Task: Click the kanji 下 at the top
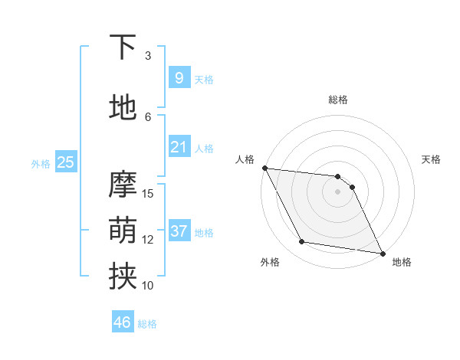[x=123, y=47]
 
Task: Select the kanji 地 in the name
[x=123, y=106]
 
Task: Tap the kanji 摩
[x=123, y=185]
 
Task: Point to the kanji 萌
[x=123, y=229]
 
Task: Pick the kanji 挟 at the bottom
[x=123, y=276]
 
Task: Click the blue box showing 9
[x=179, y=78]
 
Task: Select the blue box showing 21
[x=179, y=147]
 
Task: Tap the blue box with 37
[x=179, y=231]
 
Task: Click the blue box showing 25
[x=65, y=162]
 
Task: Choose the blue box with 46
[x=123, y=322]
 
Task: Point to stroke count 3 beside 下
[x=148, y=56]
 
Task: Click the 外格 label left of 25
[x=41, y=163]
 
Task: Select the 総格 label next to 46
[x=147, y=324]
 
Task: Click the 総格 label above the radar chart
[x=338, y=100]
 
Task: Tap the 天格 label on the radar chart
[x=432, y=159]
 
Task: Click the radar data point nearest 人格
[x=264, y=168]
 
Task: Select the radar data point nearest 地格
[x=382, y=254]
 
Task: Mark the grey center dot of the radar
[x=337, y=191]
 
